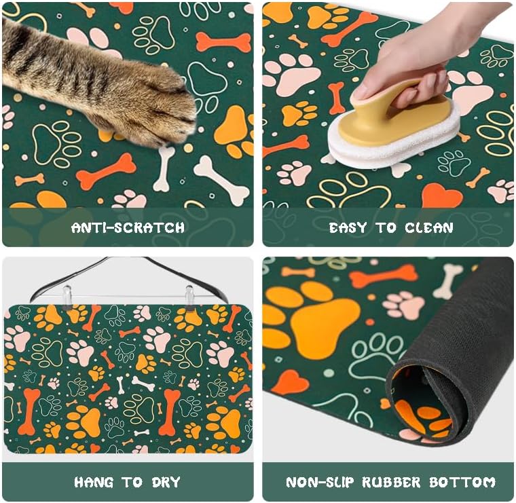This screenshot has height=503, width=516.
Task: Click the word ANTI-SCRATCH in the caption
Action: point(128,227)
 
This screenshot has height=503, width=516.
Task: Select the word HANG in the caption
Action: point(94,483)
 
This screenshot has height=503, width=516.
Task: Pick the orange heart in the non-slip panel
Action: point(291,384)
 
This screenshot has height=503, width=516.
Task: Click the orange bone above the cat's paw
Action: point(223,42)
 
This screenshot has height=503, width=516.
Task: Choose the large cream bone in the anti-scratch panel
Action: point(221,180)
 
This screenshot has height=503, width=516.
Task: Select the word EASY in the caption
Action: point(351,227)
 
